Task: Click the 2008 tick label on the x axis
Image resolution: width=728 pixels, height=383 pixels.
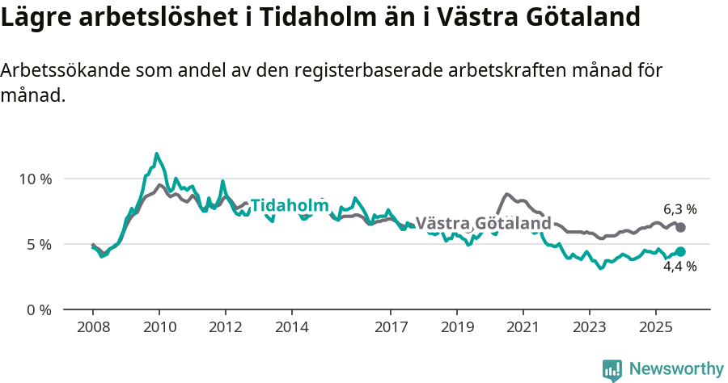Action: click(93, 328)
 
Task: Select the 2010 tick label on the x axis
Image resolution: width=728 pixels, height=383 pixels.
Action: click(159, 328)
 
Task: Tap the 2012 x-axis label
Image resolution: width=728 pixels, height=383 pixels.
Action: click(226, 328)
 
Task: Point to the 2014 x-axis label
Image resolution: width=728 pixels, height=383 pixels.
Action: click(292, 328)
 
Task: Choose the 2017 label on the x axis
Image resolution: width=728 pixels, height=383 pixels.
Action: click(391, 328)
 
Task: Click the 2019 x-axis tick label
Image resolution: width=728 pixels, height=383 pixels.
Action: click(457, 328)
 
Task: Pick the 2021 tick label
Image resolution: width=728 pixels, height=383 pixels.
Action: click(523, 328)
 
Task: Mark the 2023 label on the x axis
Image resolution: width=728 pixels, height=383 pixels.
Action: click(590, 328)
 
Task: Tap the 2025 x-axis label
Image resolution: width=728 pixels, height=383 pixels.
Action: click(655, 328)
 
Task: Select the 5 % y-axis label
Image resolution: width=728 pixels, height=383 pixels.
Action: click(39, 244)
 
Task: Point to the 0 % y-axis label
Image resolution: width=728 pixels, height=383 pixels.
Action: click(39, 310)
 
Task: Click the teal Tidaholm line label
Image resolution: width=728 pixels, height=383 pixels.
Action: click(290, 206)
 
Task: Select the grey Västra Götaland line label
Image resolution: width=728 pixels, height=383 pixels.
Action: click(483, 223)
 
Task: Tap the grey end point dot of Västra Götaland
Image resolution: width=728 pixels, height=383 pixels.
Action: click(680, 228)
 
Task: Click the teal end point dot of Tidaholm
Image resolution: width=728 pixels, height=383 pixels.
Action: click(680, 252)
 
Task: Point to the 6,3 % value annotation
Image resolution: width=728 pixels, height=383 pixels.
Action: click(680, 209)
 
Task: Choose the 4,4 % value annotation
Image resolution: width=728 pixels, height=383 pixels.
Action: click(680, 267)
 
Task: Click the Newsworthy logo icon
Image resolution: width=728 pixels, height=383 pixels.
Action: click(612, 369)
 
